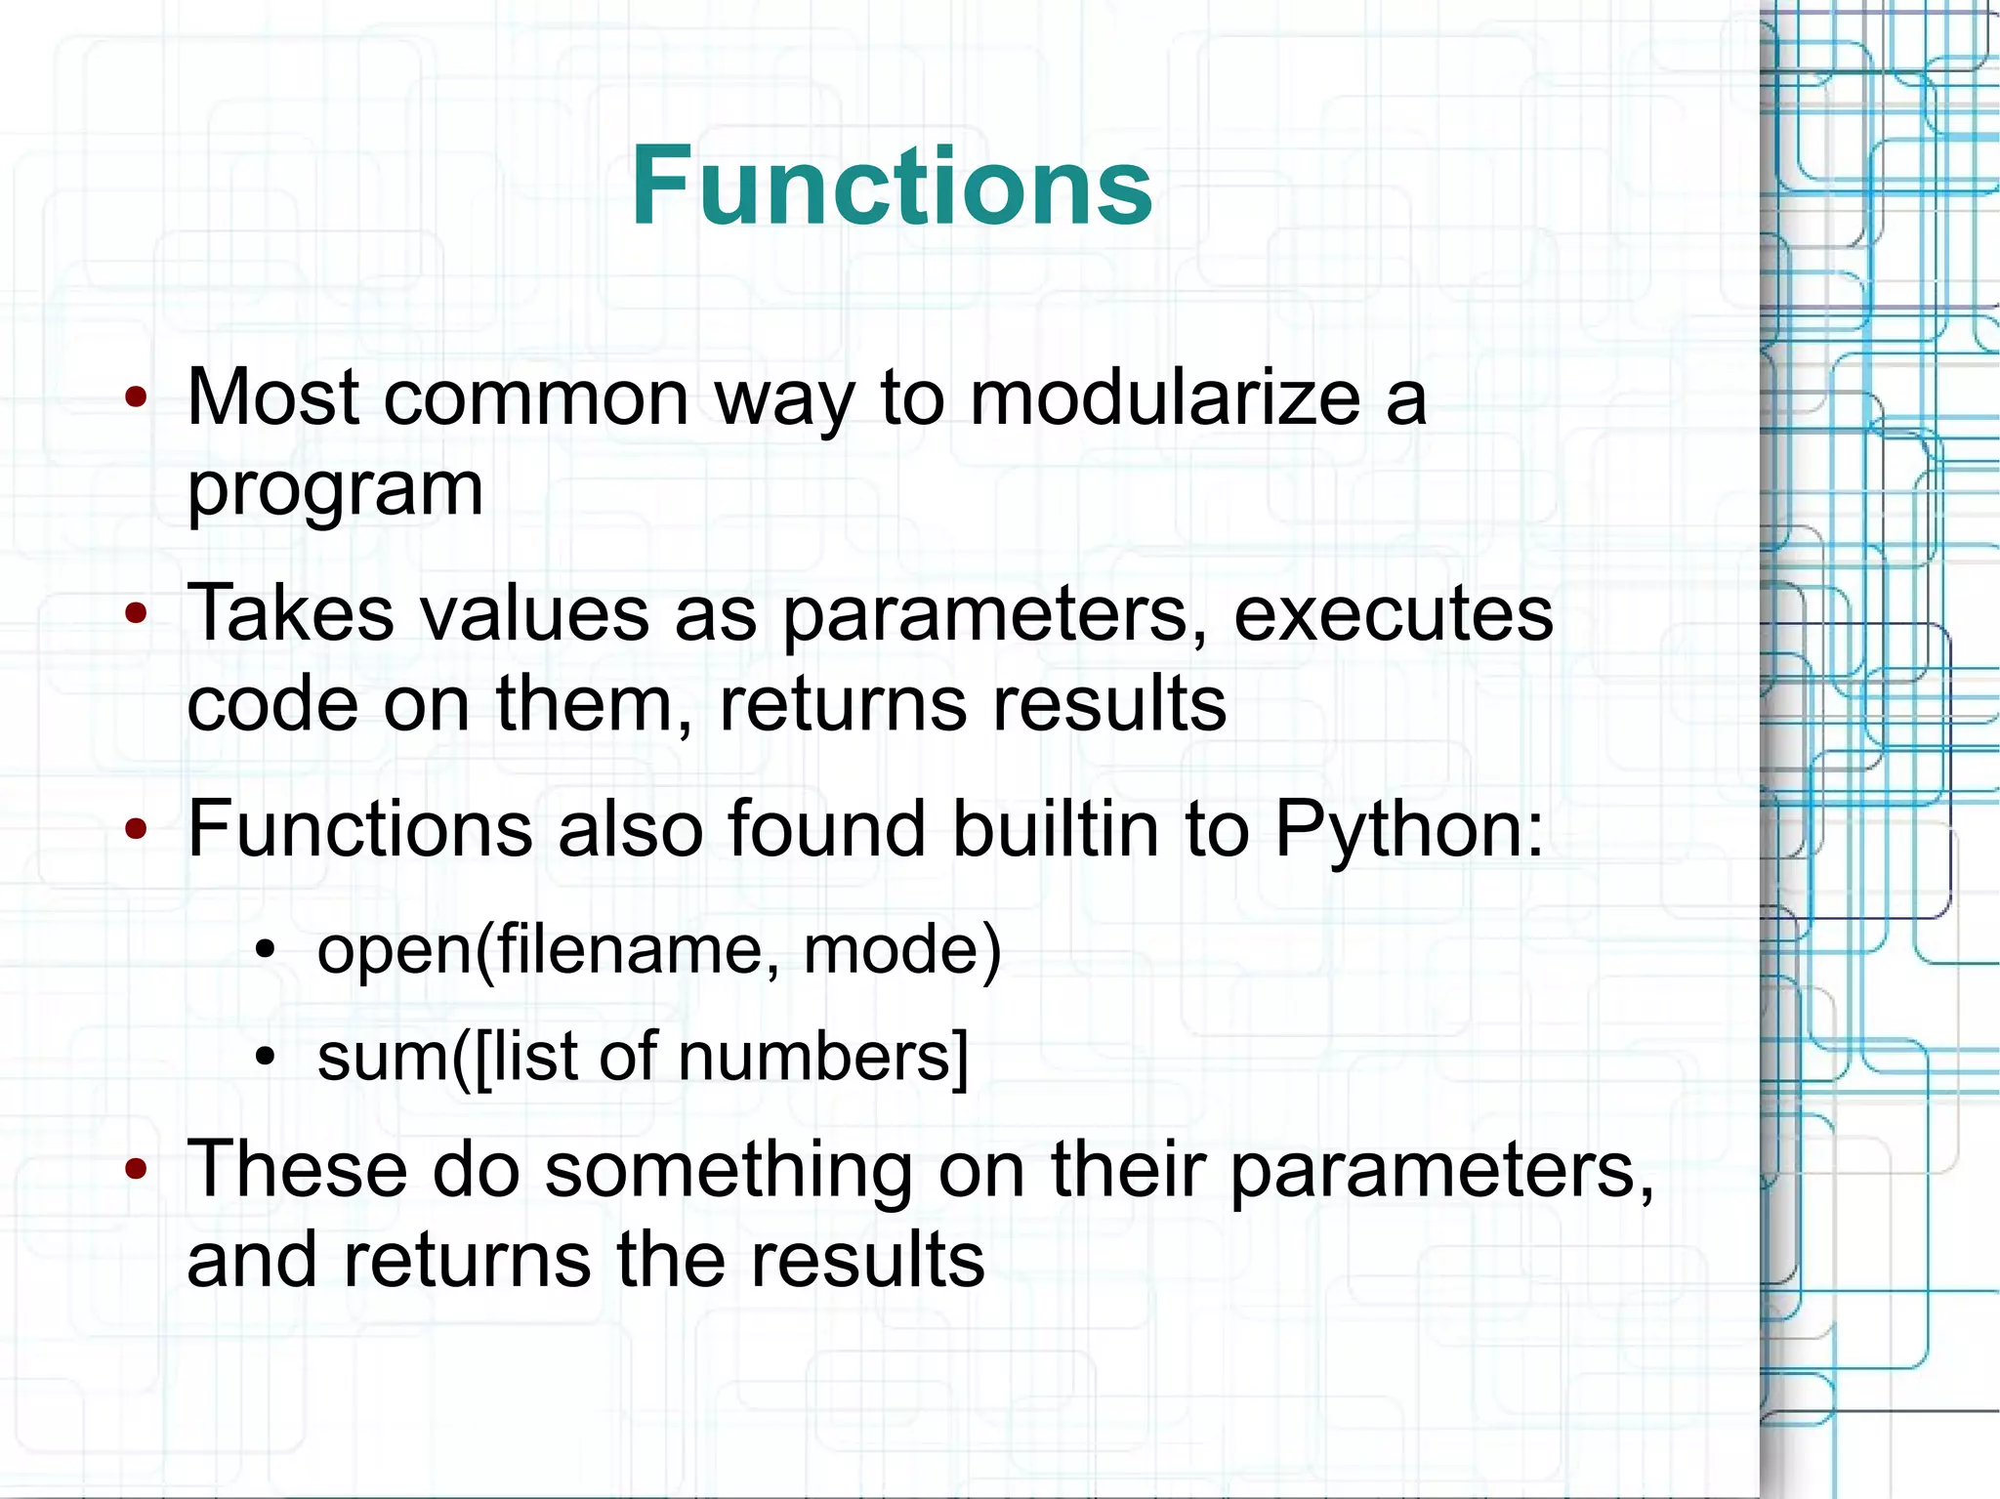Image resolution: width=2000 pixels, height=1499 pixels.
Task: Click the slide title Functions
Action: tap(892, 186)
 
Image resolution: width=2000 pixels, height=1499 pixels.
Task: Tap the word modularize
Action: tap(1165, 398)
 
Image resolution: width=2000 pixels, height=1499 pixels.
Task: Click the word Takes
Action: tap(290, 613)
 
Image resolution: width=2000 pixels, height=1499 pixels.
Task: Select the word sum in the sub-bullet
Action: tap(381, 1057)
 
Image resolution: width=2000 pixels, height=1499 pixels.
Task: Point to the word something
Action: tap(728, 1171)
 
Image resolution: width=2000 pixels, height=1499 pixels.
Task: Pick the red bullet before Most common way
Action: tap(137, 397)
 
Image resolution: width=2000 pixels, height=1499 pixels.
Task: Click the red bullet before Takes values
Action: tap(137, 613)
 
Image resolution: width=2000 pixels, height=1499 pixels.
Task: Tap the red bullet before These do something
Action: tap(137, 1168)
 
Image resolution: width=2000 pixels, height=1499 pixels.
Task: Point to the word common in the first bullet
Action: tap(536, 398)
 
